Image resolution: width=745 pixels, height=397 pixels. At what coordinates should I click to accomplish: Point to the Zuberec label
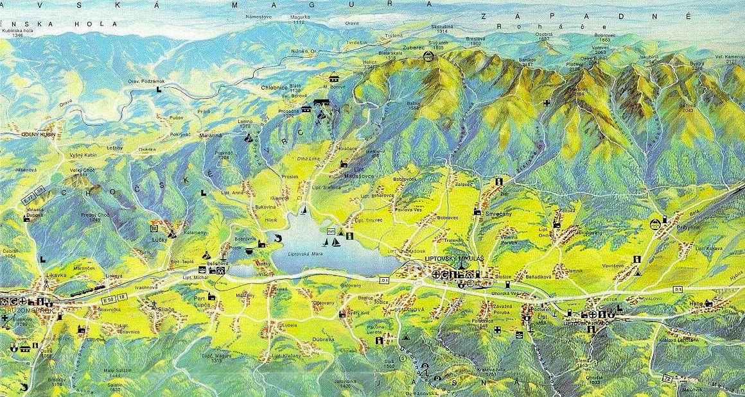click(414, 47)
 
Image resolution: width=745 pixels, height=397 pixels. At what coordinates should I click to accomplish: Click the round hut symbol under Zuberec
click(428, 58)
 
